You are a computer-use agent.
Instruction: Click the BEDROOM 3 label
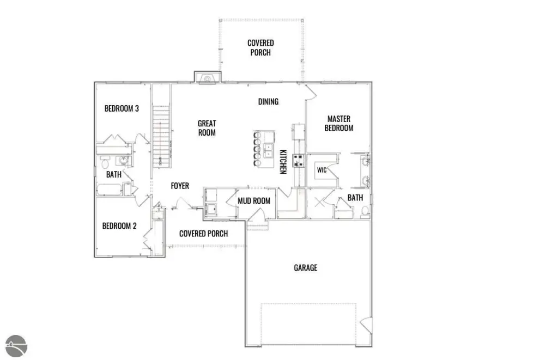[122, 108]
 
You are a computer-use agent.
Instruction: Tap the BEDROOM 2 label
[119, 226]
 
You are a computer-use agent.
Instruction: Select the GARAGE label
[305, 267]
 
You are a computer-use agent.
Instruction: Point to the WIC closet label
[322, 170]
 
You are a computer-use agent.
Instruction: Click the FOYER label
[180, 186]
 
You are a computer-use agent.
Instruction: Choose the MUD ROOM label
[254, 201]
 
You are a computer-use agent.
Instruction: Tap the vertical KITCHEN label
[283, 162]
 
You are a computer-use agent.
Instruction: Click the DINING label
[268, 102]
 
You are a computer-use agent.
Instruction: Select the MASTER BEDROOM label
[339, 124]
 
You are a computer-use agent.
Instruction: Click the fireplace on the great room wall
[208, 77]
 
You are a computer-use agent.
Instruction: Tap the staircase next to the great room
[161, 136]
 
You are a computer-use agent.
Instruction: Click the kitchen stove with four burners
[298, 161]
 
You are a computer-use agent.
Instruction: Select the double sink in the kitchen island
[268, 151]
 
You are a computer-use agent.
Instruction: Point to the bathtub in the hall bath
[109, 190]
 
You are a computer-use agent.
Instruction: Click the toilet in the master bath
[365, 212]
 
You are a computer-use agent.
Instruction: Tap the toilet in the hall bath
[105, 162]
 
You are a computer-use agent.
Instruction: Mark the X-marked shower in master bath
[319, 203]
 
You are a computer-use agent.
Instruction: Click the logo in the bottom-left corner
[16, 346]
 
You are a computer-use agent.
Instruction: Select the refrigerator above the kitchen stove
[299, 132]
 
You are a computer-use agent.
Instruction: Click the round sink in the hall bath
[124, 161]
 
